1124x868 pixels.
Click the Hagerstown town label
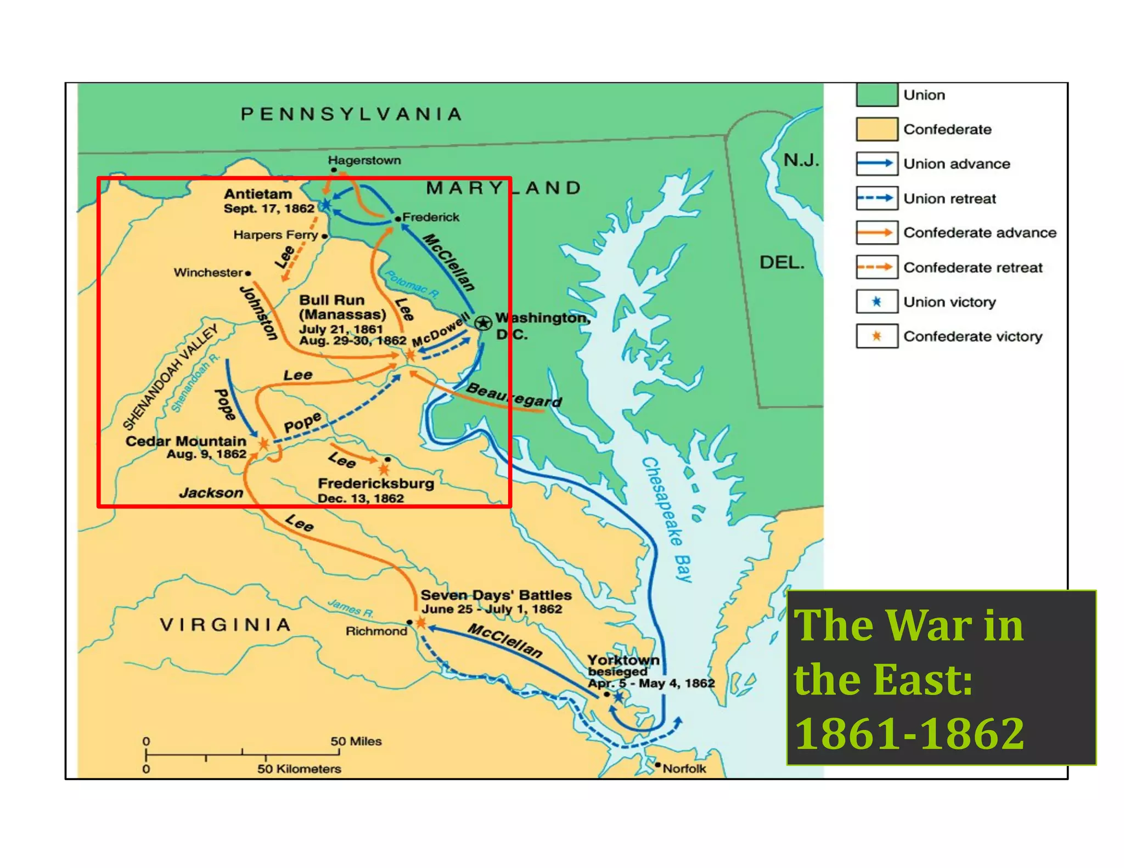click(x=364, y=160)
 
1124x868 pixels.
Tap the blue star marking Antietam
click(x=325, y=205)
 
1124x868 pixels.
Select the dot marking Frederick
click(x=398, y=219)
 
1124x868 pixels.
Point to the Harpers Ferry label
click(x=276, y=235)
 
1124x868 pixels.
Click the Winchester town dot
click(x=248, y=273)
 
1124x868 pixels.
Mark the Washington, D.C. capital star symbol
click(x=483, y=323)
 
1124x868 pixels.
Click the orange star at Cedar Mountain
click(x=263, y=443)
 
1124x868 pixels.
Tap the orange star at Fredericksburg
click(x=384, y=469)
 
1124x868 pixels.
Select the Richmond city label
click(x=376, y=631)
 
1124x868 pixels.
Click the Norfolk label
click(x=684, y=768)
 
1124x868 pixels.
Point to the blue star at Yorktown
click(x=619, y=697)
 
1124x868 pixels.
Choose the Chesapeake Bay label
click(x=667, y=518)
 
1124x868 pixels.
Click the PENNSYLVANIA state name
click(x=351, y=114)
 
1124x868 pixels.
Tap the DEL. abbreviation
click(x=782, y=262)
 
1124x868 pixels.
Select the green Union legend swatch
click(x=876, y=95)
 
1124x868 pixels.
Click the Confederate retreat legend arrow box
click(x=876, y=267)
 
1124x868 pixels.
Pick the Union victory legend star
click(x=876, y=302)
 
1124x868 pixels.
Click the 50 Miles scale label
click(x=356, y=741)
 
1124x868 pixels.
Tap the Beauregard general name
click(x=514, y=396)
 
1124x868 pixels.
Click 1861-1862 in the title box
click(x=909, y=734)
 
